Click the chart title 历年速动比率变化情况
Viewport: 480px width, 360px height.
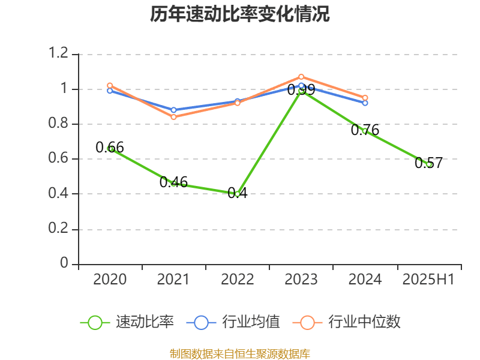point(240,14)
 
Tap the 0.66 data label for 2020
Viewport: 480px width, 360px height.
point(110,147)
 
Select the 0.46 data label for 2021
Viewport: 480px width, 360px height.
point(173,182)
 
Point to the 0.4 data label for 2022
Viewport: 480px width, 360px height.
point(238,194)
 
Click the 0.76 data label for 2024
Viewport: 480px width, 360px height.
point(365,130)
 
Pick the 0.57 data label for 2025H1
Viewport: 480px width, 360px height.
point(428,163)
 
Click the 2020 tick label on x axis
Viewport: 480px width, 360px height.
point(110,279)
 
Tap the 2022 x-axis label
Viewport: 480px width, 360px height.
point(238,279)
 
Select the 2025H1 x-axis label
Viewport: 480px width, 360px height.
point(428,279)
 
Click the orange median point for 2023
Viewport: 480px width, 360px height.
point(301,77)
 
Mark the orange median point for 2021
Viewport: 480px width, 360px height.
point(173,117)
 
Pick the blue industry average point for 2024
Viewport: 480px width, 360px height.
point(365,103)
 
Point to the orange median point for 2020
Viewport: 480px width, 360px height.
point(110,86)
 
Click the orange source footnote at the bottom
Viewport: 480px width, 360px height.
point(240,353)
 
